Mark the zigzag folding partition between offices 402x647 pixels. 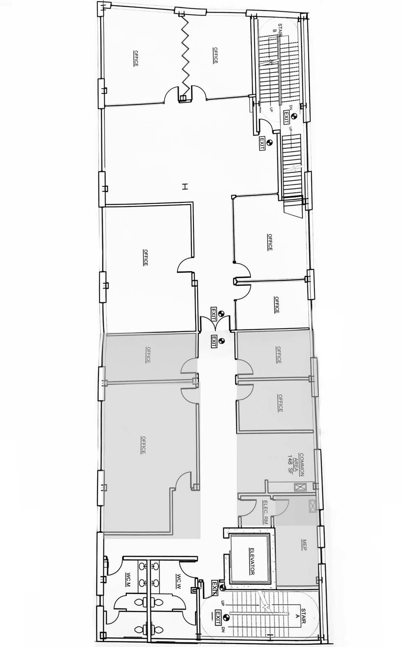coord(185,57)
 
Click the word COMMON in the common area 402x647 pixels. coord(302,464)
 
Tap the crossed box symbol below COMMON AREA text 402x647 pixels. coord(298,487)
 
